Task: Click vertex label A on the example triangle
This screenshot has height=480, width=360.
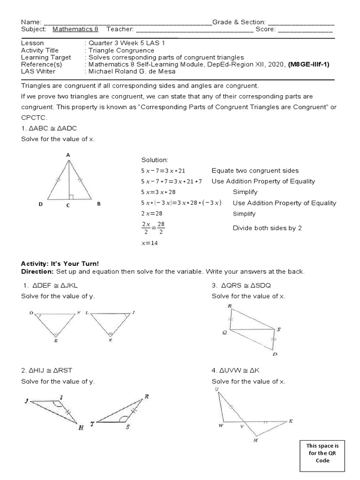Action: tap(68, 155)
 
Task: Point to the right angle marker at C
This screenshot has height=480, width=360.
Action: tap(70, 197)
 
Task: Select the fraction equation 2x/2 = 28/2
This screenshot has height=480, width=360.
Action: tap(153, 228)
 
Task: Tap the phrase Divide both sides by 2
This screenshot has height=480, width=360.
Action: tap(267, 228)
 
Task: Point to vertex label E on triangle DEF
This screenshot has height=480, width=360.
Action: tap(56, 341)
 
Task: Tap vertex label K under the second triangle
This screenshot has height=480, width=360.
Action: tap(110, 341)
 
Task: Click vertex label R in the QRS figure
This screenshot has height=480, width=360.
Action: tap(230, 306)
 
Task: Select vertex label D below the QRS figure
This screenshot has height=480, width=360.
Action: tap(275, 354)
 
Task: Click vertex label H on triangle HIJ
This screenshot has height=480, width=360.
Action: tap(81, 428)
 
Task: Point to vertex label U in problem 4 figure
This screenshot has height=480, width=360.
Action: tap(217, 389)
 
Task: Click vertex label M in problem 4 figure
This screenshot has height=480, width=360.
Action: tap(255, 441)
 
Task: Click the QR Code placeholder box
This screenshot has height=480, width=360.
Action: tap(322, 454)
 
